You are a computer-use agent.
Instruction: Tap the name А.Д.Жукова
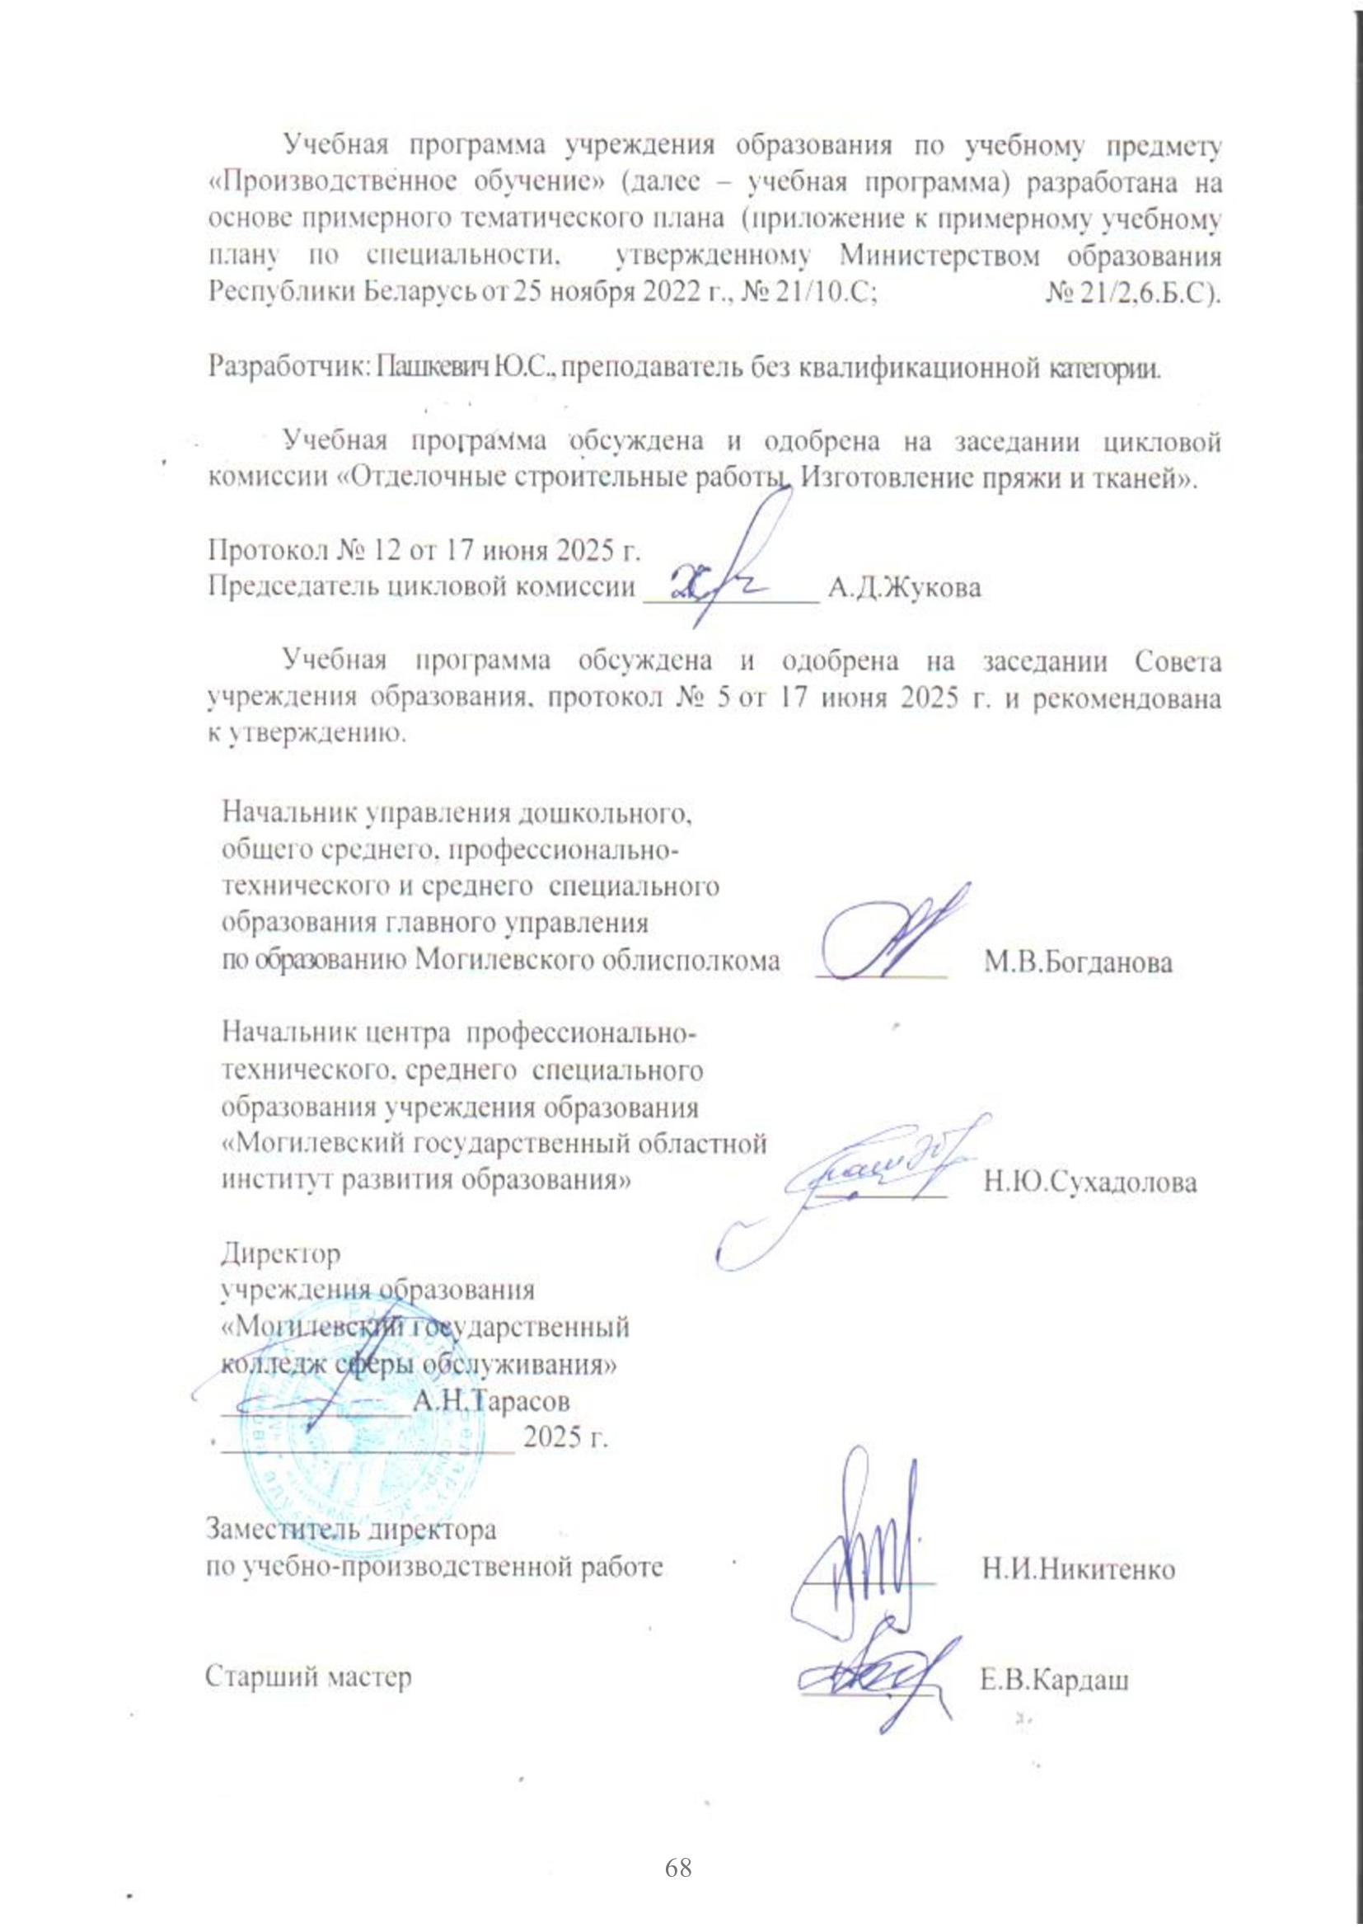(x=904, y=587)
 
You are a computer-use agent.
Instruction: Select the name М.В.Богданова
(x=1078, y=962)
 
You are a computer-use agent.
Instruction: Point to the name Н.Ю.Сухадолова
(x=1090, y=1183)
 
